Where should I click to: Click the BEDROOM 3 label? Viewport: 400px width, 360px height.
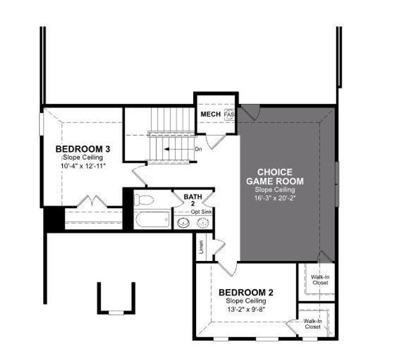pyautogui.click(x=82, y=149)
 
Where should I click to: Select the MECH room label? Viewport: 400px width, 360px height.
pyautogui.click(x=210, y=114)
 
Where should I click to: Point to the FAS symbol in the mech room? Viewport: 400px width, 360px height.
pyautogui.click(x=228, y=114)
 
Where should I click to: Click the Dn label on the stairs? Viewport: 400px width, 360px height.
pyautogui.click(x=199, y=149)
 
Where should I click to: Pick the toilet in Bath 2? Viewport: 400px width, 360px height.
pyautogui.click(x=145, y=200)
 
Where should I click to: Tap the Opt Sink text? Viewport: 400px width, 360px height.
pyautogui.click(x=203, y=212)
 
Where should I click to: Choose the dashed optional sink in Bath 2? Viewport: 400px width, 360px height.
pyautogui.click(x=203, y=223)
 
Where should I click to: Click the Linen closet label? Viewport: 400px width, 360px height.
pyautogui.click(x=201, y=247)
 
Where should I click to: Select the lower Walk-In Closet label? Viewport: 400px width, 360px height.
pyautogui.click(x=312, y=325)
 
